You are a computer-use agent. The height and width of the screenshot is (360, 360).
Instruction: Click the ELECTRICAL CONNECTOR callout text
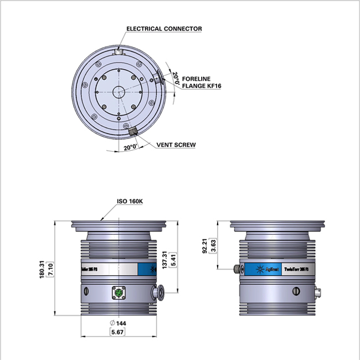164,28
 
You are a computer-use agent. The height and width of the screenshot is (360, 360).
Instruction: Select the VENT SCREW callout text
176,145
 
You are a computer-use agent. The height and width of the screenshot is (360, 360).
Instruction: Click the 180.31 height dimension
42,270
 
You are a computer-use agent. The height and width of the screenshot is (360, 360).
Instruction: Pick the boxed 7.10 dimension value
49,270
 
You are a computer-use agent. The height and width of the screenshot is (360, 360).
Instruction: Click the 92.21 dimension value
205,246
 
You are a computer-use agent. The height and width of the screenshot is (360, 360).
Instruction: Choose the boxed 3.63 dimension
213,246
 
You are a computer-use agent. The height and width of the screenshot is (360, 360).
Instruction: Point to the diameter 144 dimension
118,323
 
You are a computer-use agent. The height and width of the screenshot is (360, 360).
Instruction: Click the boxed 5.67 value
117,331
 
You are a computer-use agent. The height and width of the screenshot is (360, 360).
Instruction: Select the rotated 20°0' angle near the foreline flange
176,78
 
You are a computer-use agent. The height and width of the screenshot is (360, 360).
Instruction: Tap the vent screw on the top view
133,131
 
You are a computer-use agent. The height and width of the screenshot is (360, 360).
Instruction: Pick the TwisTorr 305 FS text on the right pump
300,270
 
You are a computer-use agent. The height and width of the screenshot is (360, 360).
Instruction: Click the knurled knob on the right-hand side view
237,269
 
